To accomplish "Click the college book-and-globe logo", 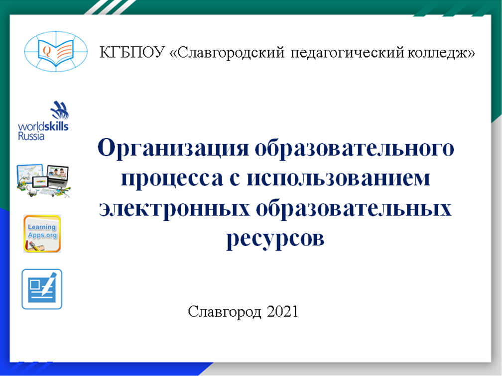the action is click(56, 51).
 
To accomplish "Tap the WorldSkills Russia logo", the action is click(43, 121).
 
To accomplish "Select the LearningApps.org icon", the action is click(42, 234).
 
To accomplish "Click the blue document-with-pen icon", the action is click(42, 289).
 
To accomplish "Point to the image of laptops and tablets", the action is click(43, 181).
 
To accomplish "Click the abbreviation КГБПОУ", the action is click(132, 52).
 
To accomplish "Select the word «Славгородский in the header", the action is click(227, 53).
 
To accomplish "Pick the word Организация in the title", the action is click(173, 148).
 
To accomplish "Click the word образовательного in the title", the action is click(355, 148).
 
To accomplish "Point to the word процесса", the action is click(172, 179).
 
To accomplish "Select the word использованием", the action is click(339, 178).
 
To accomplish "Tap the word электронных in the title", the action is click(174, 209).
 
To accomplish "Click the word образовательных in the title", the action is click(354, 208).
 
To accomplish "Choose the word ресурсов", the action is click(275, 239).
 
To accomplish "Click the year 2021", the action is click(282, 311).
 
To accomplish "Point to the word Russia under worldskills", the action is click(31, 136).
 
